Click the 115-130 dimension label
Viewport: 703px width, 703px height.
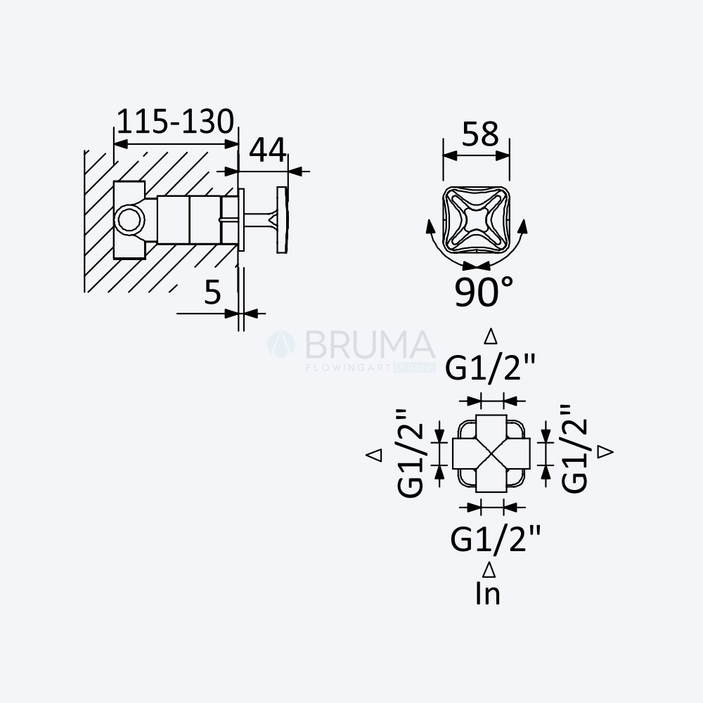[x=175, y=122]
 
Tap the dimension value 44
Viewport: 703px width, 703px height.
[x=268, y=150]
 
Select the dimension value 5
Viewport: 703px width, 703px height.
[x=213, y=292]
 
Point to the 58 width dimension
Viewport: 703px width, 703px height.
[x=480, y=134]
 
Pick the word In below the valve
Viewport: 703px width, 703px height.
[x=488, y=593]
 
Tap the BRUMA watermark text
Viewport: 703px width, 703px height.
[x=370, y=344]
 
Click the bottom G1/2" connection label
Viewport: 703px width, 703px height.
[x=496, y=538]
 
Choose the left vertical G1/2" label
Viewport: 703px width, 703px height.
[x=411, y=453]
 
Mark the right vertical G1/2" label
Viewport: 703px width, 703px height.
[x=574, y=449]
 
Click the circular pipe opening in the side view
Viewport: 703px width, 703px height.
[x=129, y=220]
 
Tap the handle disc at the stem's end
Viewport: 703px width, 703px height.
[x=283, y=220]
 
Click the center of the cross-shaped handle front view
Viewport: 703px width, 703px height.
[x=476, y=220]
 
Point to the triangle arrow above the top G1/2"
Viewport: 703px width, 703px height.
[x=491, y=336]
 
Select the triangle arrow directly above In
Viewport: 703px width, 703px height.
[x=489, y=570]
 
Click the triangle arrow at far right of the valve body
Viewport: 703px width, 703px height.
[x=606, y=451]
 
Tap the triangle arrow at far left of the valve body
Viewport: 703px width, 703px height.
[x=374, y=455]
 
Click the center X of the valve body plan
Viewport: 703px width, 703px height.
[x=492, y=453]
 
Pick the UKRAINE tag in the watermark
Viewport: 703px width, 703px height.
[x=414, y=368]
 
